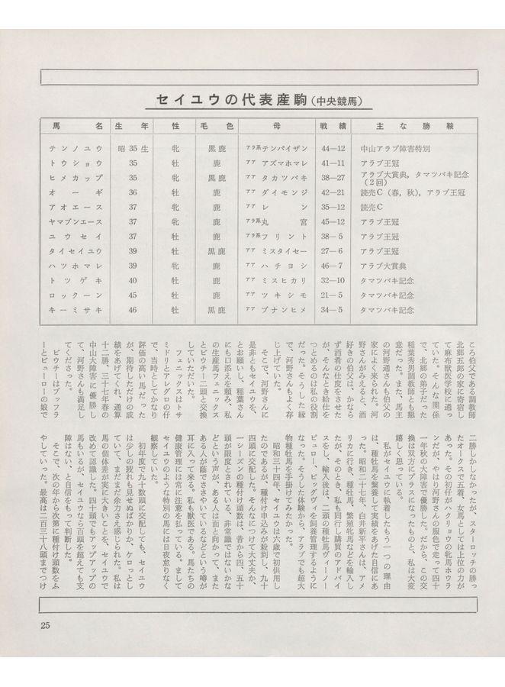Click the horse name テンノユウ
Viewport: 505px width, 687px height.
coord(75,149)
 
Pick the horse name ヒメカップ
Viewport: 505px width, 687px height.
coord(75,178)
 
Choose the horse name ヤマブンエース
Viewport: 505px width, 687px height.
coord(75,221)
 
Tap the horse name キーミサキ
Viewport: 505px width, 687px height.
coord(75,309)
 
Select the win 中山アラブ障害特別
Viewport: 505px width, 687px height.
coord(397,149)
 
